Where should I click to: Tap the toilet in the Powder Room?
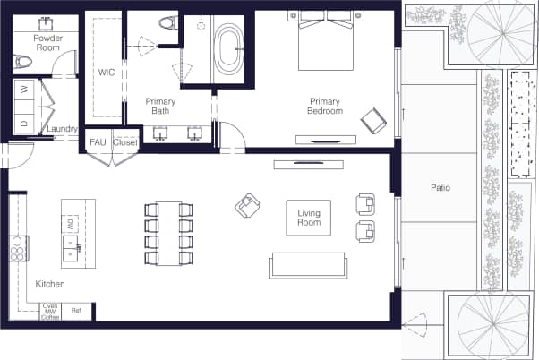click(x=24, y=62)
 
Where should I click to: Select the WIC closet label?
click(x=105, y=72)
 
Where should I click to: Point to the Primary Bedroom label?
click(x=326, y=106)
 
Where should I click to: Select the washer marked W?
click(x=23, y=90)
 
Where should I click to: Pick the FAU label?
click(x=98, y=142)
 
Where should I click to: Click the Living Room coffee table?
click(x=308, y=218)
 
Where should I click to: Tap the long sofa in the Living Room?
click(x=308, y=265)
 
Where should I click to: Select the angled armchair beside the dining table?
click(x=246, y=207)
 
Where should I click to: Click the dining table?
click(x=168, y=233)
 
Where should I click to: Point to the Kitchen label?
click(x=49, y=283)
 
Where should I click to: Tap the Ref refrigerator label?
click(x=76, y=310)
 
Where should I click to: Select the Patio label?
click(x=439, y=188)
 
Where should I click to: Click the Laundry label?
click(x=61, y=128)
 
